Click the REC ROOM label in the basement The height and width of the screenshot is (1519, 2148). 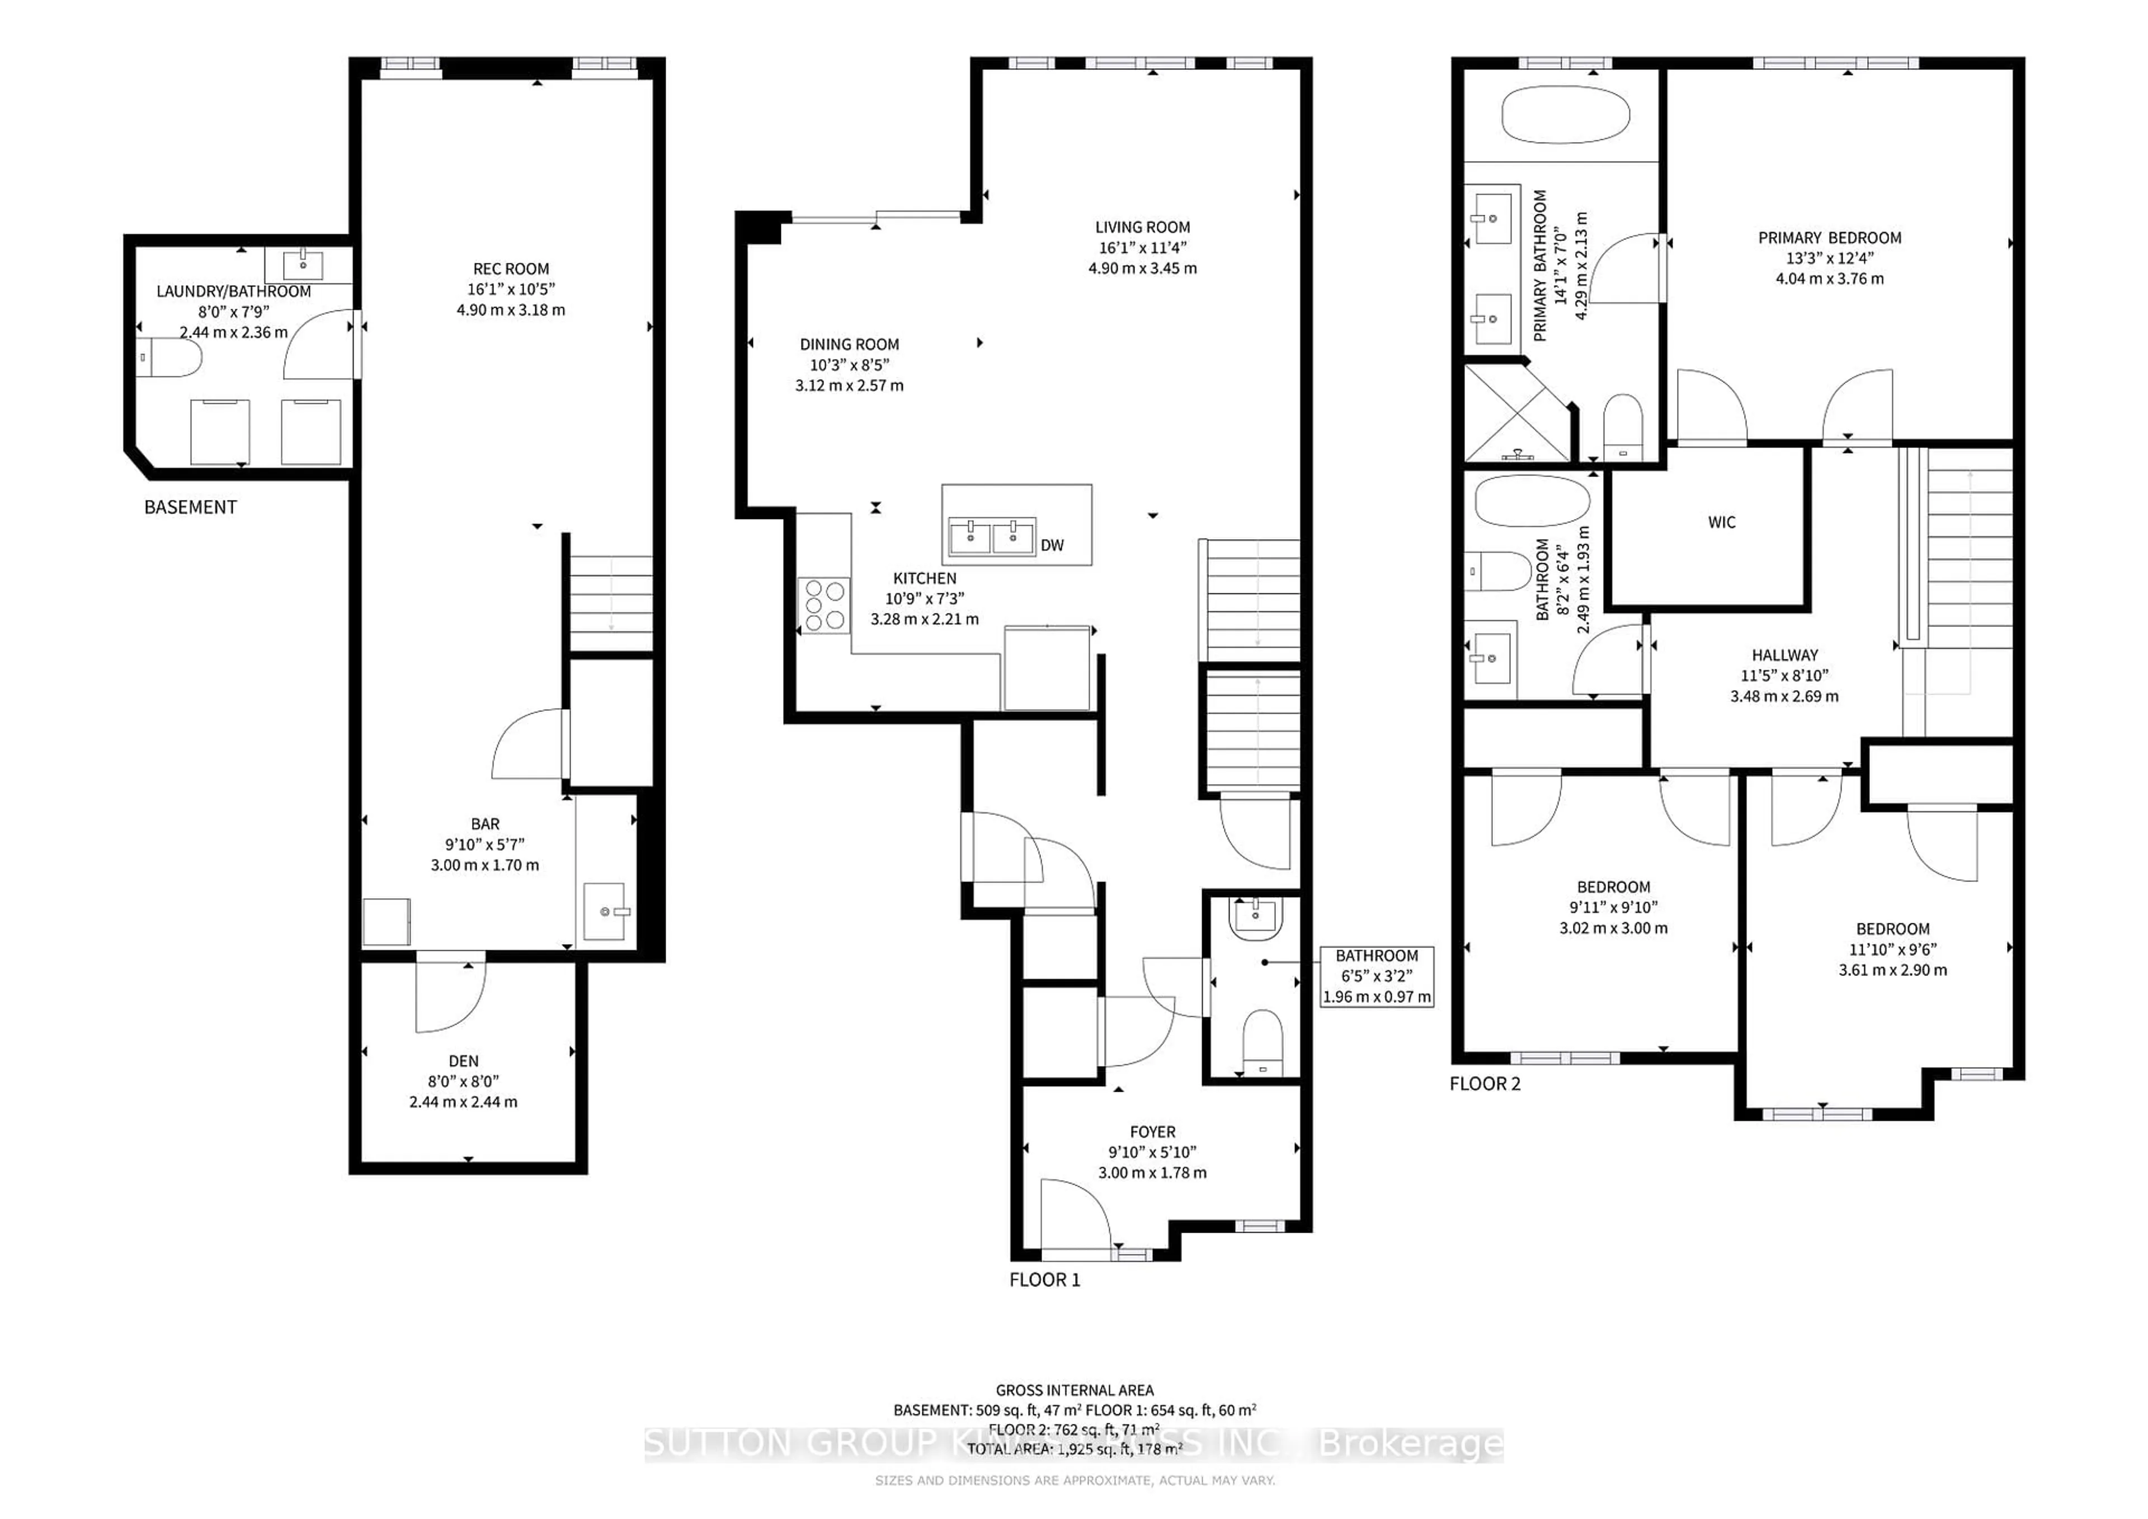click(x=511, y=268)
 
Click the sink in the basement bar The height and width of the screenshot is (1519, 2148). click(x=605, y=910)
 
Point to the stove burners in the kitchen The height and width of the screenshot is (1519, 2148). click(x=823, y=605)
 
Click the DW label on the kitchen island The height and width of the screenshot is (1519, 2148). click(x=1052, y=545)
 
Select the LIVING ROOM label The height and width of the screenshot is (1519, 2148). click(x=1142, y=227)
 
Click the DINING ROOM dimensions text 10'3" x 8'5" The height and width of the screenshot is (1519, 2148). click(x=849, y=365)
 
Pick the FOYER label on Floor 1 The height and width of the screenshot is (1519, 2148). click(x=1152, y=1132)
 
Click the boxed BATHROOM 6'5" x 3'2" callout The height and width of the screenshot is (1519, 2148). click(x=1376, y=975)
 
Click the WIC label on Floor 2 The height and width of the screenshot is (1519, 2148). click(x=1721, y=522)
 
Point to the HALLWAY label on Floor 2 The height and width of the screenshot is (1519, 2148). click(x=1784, y=655)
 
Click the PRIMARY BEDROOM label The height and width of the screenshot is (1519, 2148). click(x=1829, y=238)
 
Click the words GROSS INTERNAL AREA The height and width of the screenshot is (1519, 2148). click(x=1074, y=1390)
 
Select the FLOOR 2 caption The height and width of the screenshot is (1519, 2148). click(x=1485, y=1084)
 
